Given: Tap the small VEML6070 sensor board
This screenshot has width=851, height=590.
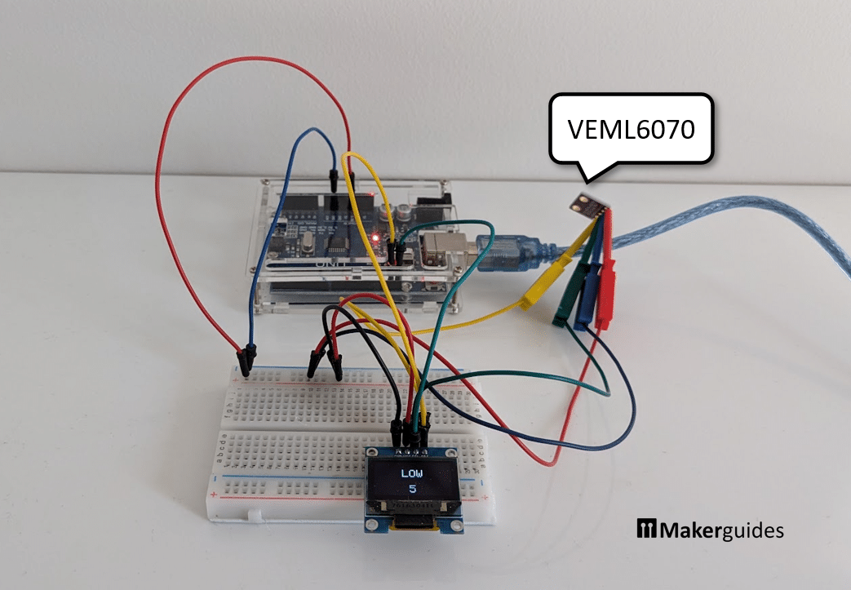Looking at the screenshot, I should point(591,205).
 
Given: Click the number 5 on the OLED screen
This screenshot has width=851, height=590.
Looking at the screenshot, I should point(412,490).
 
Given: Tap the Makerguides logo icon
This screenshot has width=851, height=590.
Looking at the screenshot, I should point(647,529).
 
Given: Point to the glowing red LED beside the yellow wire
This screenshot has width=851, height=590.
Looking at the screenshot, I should point(375,237).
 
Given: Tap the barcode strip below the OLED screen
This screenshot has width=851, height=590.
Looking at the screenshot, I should point(412,508).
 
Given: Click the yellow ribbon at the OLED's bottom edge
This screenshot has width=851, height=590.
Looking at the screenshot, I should point(410,529).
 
